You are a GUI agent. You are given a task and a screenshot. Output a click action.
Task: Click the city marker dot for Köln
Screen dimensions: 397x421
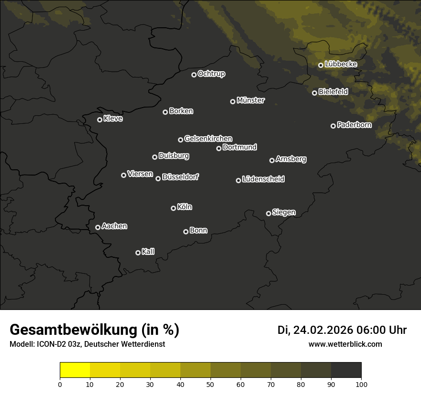pos(173,208)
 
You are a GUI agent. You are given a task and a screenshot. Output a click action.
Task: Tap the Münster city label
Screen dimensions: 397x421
pos(250,100)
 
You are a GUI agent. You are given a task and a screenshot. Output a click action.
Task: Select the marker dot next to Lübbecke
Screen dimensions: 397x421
pos(321,65)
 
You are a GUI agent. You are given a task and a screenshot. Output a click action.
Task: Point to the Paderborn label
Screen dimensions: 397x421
pos(354,125)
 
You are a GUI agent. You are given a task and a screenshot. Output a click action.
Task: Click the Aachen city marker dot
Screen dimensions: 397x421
pos(98,227)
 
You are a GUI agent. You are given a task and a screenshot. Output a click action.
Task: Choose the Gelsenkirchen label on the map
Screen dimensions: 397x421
pos(208,139)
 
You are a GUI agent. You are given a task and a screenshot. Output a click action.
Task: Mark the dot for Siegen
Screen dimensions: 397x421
pos(268,213)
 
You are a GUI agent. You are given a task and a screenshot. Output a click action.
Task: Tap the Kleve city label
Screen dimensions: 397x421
pos(113,119)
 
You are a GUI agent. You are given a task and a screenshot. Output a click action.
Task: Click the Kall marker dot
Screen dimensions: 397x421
pos(138,253)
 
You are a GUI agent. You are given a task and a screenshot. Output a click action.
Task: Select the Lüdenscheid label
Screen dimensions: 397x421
pos(263,179)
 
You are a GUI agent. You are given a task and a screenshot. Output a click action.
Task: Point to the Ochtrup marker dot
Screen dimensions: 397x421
pos(194,75)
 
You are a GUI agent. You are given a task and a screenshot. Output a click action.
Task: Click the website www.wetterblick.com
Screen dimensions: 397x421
pos(345,344)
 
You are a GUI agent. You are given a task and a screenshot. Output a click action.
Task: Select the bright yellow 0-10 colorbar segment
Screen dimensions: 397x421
pos(75,370)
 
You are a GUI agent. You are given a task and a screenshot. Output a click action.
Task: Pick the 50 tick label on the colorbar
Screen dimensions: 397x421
pos(210,384)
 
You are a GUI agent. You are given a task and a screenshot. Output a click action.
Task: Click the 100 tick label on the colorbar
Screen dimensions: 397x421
pos(361,384)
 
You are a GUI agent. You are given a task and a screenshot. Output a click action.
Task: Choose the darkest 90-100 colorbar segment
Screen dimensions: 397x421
pos(346,370)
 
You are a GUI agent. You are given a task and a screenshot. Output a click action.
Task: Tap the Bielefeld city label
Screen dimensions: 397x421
pos(333,92)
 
